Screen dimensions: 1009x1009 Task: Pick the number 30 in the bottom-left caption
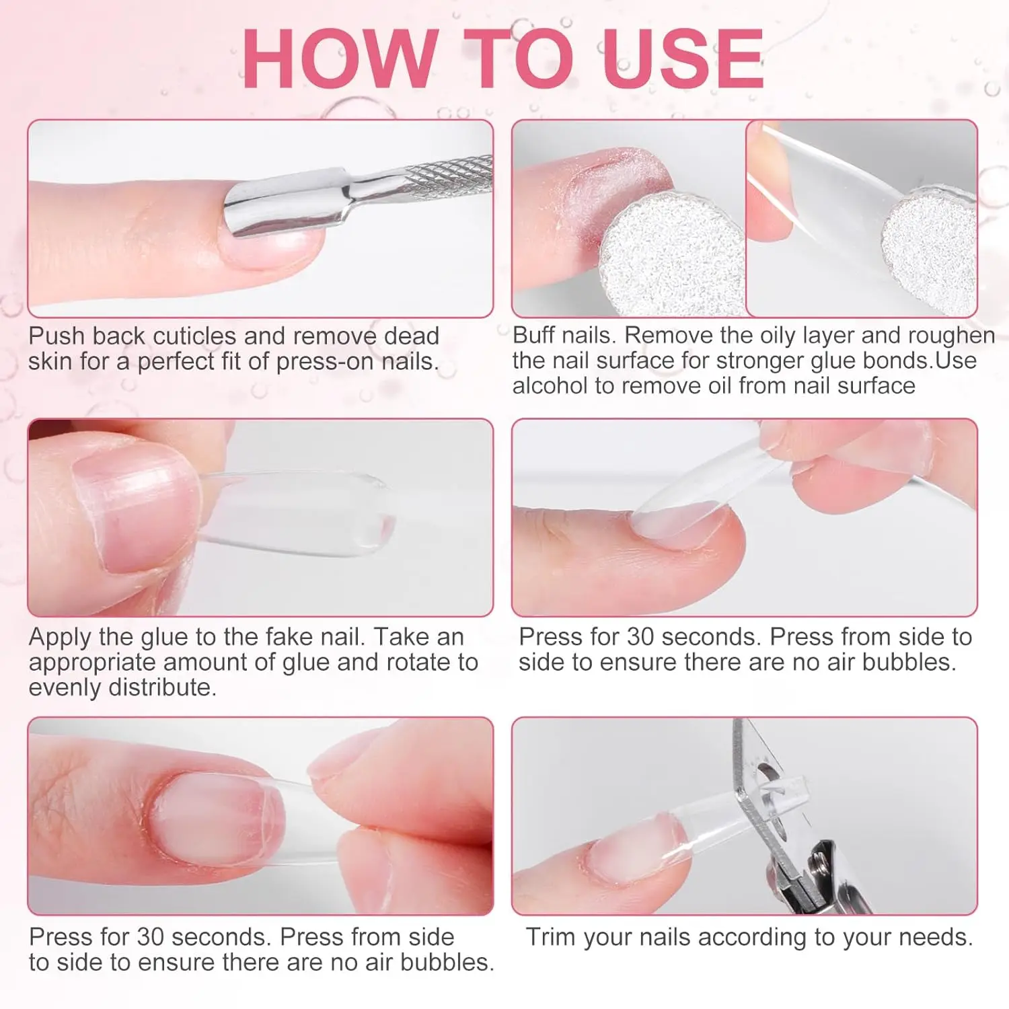[151, 937]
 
